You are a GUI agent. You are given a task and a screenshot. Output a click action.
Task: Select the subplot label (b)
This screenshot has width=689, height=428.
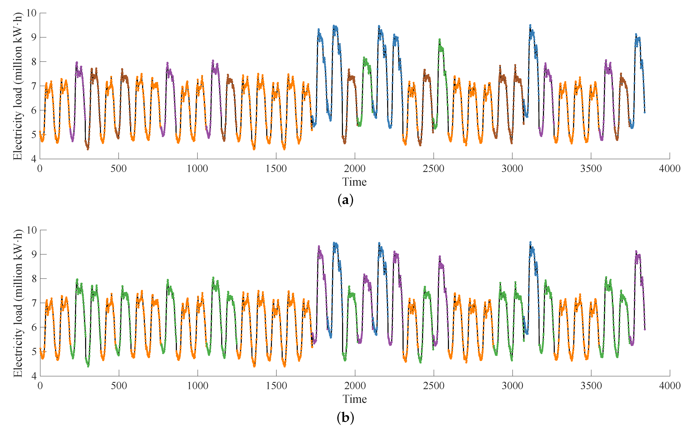point(346,417)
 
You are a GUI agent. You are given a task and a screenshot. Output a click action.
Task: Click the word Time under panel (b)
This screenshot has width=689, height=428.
point(355,399)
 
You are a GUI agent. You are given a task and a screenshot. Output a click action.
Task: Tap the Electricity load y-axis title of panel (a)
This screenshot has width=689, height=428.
point(18,86)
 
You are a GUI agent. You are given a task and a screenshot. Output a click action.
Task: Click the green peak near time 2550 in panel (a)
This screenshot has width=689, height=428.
point(440,40)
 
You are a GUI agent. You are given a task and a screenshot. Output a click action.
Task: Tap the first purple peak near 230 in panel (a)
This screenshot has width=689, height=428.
point(77,63)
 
